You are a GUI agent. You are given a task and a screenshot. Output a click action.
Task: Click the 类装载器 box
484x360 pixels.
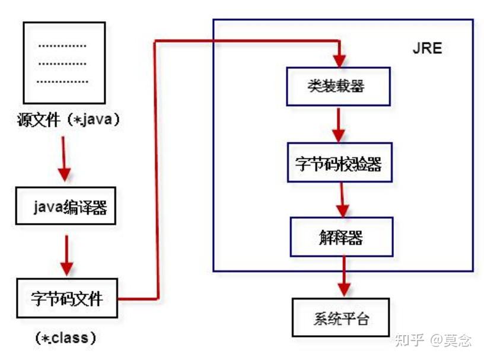[x=339, y=86]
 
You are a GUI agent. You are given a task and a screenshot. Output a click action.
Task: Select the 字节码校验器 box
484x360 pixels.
[x=339, y=164]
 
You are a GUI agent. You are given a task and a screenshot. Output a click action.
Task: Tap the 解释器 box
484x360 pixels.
[x=340, y=238]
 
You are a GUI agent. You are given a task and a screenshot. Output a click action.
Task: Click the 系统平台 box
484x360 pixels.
[x=340, y=317]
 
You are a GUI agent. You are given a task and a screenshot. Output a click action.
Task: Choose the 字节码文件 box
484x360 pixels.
[x=66, y=298]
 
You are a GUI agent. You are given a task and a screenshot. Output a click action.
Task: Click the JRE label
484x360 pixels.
[x=427, y=49]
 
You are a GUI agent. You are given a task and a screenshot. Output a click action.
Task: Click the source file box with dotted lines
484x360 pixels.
[x=63, y=62]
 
